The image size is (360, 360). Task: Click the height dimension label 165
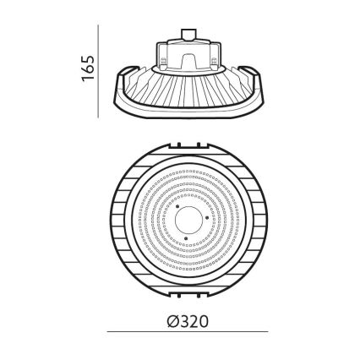[87, 69]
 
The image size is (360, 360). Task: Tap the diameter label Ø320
[187, 321]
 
